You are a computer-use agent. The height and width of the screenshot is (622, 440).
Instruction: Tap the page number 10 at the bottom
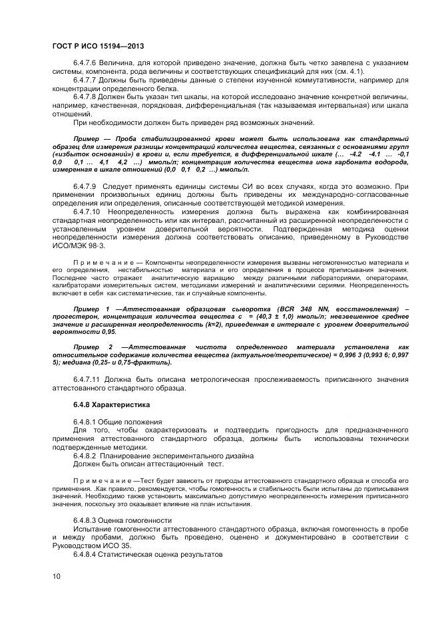(56, 576)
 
